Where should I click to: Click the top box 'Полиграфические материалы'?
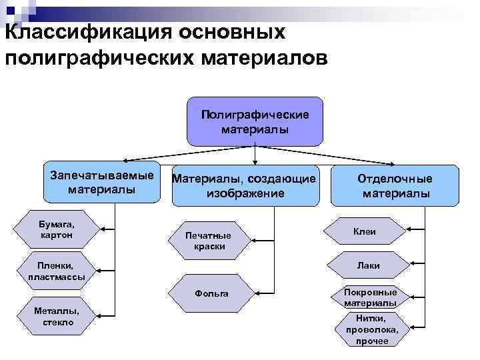tap(255, 121)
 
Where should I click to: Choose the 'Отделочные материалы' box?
tap(395, 185)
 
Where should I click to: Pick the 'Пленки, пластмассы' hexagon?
tap(57, 271)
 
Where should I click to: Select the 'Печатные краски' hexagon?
tap(209, 241)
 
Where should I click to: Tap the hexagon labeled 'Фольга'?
tap(211, 293)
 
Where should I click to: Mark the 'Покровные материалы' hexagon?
tap(371, 297)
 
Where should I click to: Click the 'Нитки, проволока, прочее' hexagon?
tap(371, 329)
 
